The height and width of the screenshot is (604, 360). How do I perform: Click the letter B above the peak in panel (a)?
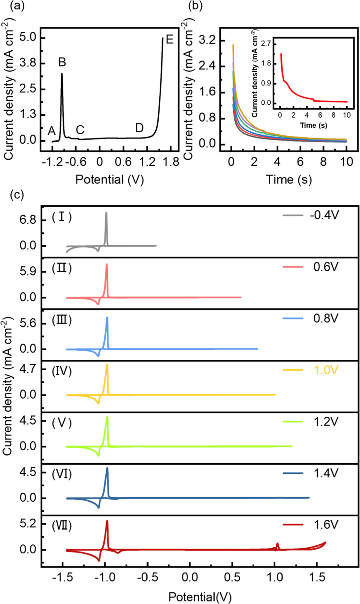(x=62, y=62)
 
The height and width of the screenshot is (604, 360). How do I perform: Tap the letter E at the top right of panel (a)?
(x=169, y=39)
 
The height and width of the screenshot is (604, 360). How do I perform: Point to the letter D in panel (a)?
(x=139, y=128)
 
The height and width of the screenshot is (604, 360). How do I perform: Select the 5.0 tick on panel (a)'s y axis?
(x=27, y=38)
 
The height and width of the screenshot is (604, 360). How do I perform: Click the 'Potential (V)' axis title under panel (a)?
(x=109, y=179)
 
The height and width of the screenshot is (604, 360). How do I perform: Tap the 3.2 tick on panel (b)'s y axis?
(x=207, y=40)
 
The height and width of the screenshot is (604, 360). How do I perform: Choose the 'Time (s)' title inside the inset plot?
(x=313, y=125)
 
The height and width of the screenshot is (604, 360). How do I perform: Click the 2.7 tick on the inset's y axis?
(x=266, y=44)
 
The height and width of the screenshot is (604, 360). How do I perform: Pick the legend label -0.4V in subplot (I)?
(x=324, y=215)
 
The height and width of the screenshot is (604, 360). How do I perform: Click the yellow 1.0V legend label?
(x=325, y=370)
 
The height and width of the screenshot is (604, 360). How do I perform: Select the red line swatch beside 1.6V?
(x=293, y=524)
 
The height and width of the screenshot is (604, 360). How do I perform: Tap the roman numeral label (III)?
(x=62, y=320)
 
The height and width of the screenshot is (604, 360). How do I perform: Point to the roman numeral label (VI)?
(x=62, y=474)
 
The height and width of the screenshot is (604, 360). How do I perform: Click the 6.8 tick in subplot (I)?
(x=28, y=220)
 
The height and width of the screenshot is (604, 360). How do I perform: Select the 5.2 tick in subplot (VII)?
(x=28, y=524)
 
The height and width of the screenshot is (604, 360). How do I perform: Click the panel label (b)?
(x=196, y=6)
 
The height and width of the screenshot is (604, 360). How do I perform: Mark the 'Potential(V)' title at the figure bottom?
(x=200, y=597)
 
